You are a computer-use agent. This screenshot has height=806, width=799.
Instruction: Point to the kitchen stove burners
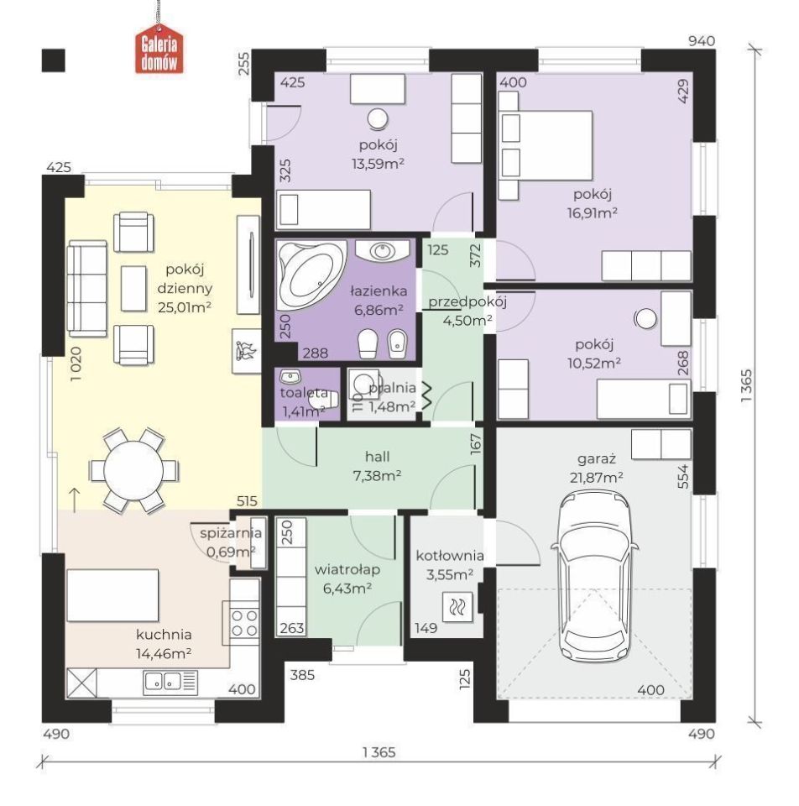pyautogui.click(x=244, y=622)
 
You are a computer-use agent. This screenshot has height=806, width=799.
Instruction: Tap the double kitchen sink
pyautogui.click(x=162, y=681)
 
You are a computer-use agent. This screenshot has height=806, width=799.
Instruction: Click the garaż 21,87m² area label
pyautogui.click(x=596, y=468)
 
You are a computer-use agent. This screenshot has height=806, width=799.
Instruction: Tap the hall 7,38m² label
pyautogui.click(x=377, y=466)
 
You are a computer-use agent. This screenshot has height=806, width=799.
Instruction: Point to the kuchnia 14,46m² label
pyautogui.click(x=164, y=644)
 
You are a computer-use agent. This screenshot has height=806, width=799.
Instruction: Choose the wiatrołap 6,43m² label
pyautogui.click(x=347, y=579)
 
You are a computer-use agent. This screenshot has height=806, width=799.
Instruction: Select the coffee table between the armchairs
pyautogui.click(x=133, y=288)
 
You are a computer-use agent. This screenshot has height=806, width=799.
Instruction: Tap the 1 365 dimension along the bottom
pyautogui.click(x=379, y=752)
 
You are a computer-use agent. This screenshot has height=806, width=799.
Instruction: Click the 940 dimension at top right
pyautogui.click(x=702, y=41)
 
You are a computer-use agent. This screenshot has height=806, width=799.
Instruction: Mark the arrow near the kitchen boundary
pyautogui.click(x=75, y=500)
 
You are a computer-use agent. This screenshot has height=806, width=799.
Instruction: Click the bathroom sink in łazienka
pyautogui.click(x=382, y=251)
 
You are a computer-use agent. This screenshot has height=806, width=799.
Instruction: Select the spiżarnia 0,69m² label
pyautogui.click(x=231, y=543)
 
